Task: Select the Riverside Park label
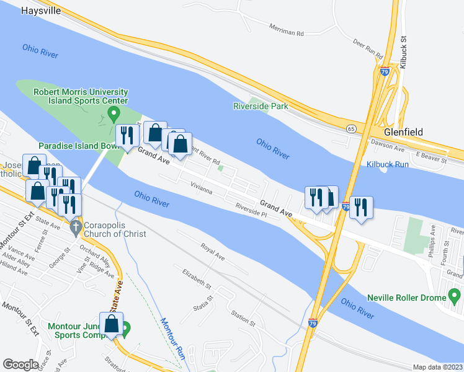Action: [261, 106]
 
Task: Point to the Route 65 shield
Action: [351, 128]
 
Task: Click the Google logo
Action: [20, 365]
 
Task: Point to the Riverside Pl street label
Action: [251, 210]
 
